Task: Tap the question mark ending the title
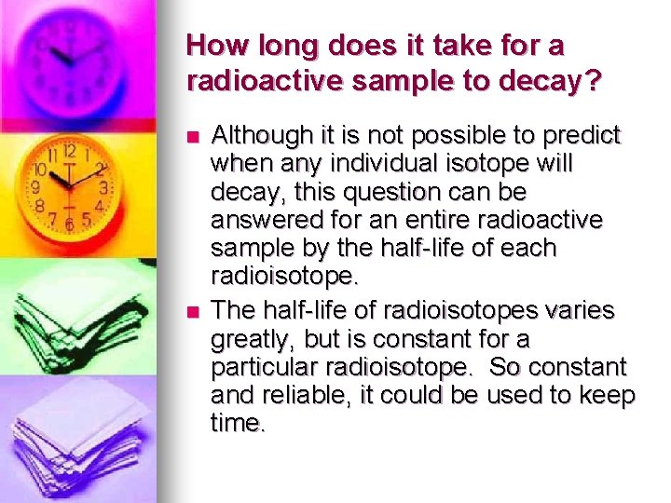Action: pos(594,81)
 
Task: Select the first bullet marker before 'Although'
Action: pos(193,137)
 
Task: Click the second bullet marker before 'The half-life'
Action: pos(193,310)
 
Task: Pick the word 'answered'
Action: pos(256,221)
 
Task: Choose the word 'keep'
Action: pos(609,394)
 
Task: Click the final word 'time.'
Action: pos(239,423)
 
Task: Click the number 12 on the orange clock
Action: pos(68,150)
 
